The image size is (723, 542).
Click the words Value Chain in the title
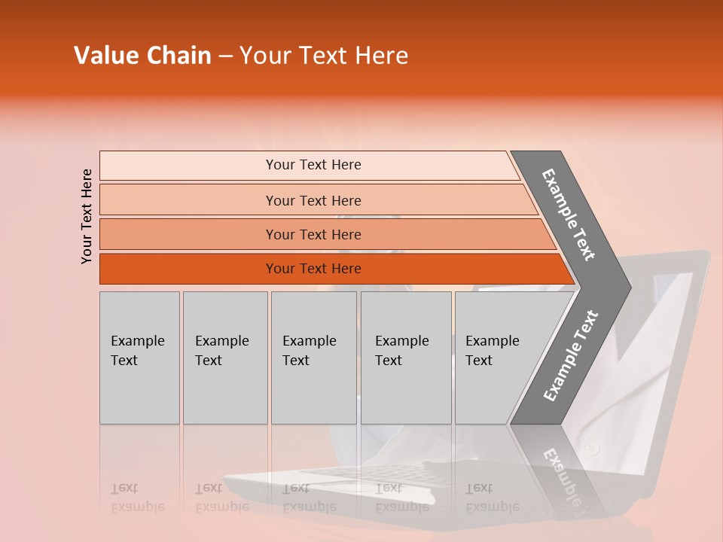[142, 56]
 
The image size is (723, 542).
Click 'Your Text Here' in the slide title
[324, 56]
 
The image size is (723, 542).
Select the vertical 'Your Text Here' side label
[87, 216]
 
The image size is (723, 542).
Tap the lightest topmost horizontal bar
[313, 165]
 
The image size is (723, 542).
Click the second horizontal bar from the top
[313, 200]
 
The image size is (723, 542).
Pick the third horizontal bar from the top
[313, 234]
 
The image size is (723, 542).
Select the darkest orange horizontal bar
[313, 269]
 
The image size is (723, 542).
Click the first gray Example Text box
[139, 358]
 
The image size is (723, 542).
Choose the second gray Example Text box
[224, 358]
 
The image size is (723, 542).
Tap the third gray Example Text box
[313, 358]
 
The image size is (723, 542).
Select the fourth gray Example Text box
[406, 358]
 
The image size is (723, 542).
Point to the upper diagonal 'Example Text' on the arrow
[569, 215]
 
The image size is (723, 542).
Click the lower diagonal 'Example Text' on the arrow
[570, 356]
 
